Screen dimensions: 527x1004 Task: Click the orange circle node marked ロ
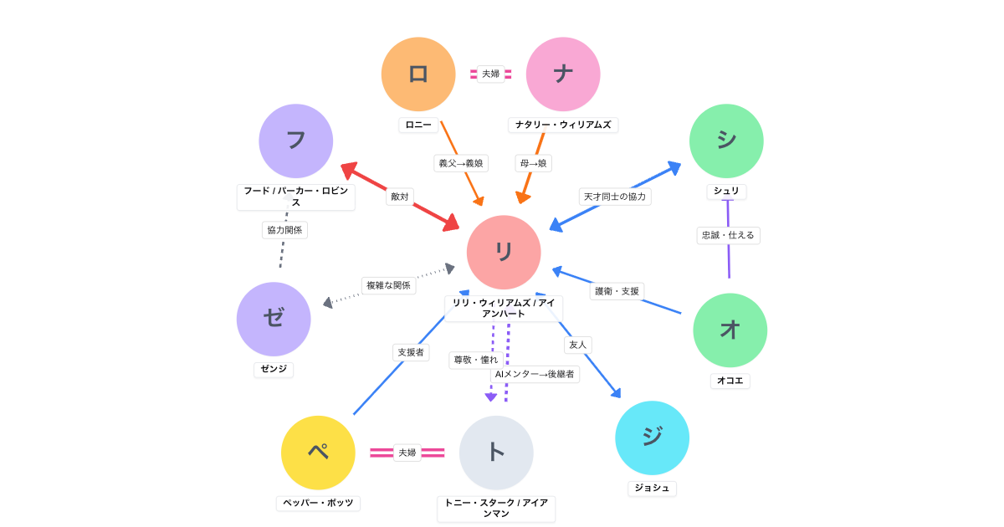click(418, 74)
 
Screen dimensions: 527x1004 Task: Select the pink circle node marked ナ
click(563, 74)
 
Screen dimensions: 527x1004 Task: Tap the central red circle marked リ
click(504, 253)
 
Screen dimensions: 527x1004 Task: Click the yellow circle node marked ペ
click(318, 453)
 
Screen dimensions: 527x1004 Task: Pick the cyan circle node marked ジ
click(652, 437)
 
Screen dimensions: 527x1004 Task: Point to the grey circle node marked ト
click(496, 453)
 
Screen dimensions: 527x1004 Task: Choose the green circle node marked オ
click(730, 330)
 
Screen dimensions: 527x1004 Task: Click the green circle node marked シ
click(726, 141)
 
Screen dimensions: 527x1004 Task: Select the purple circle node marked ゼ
click(274, 319)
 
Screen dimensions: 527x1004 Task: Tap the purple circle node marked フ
click(295, 141)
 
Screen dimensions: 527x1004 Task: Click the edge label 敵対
click(400, 197)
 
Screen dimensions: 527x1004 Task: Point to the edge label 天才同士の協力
click(615, 197)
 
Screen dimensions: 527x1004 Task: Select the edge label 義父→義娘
click(461, 163)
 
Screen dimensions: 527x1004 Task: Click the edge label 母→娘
click(533, 163)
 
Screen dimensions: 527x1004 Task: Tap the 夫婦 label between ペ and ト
click(407, 453)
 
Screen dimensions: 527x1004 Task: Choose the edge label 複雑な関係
click(388, 285)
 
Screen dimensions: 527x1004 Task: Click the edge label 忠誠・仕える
click(728, 235)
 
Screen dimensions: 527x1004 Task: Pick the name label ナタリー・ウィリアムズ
click(563, 125)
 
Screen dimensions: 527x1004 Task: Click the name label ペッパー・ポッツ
click(318, 503)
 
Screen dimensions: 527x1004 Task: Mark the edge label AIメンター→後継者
click(535, 374)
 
